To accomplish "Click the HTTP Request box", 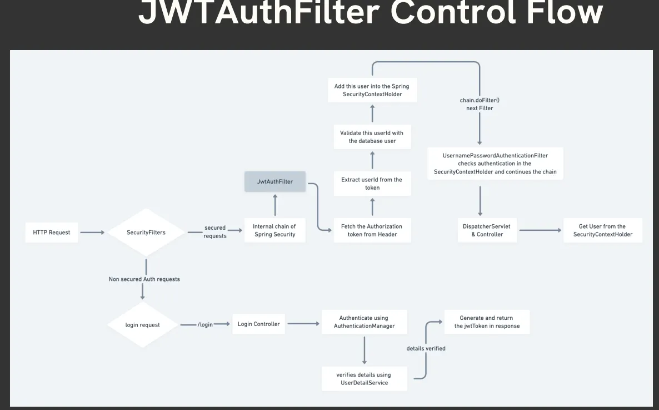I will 52,232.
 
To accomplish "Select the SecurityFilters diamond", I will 146,233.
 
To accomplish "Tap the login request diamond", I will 142,325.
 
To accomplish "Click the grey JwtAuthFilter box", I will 275,182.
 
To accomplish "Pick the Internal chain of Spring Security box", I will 274,230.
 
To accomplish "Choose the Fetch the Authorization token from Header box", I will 372,230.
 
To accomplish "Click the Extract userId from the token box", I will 372,184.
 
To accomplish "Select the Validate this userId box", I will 372,137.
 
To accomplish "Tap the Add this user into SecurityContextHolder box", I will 372,90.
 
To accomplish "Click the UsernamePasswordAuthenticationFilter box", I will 495,164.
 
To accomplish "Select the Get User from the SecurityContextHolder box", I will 602,230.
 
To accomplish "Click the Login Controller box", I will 258,324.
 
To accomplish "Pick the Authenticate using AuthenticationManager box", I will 364,322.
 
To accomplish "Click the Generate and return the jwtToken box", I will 486,322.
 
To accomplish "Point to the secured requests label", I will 215,232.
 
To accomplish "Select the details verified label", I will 426,348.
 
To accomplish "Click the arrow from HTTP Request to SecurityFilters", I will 92,232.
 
